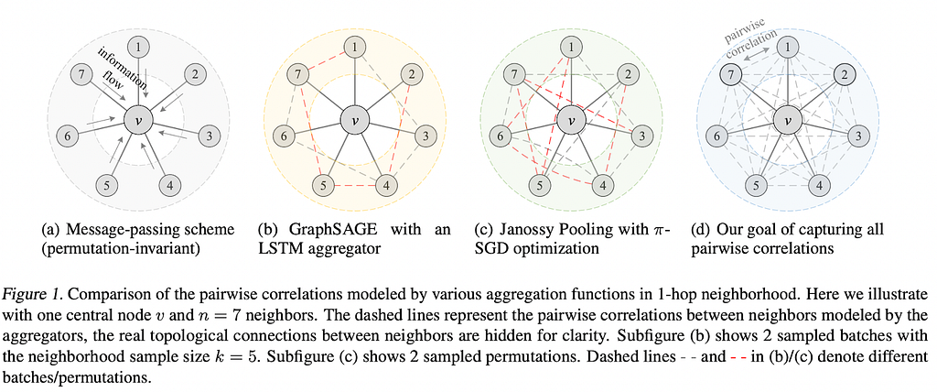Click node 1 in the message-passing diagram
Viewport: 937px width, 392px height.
coord(139,46)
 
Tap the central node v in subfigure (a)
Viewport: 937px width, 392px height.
coord(139,120)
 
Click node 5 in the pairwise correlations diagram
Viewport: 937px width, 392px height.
coord(757,185)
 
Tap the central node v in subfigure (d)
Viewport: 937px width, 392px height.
coord(787,120)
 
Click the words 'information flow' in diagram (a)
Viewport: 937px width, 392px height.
coord(116,70)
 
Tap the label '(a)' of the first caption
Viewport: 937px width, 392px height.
coord(50,230)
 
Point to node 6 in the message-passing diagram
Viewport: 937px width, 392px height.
coord(68,136)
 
